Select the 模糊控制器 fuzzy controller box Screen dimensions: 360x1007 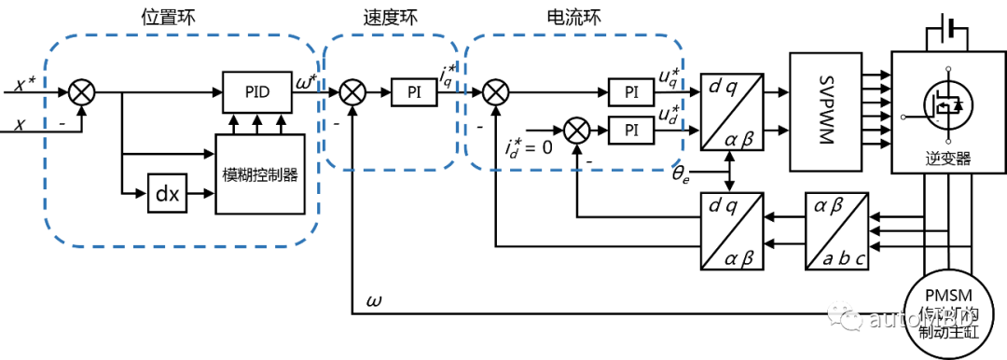[260, 174]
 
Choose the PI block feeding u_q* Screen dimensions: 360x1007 [631, 91]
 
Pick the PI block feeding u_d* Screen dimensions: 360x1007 [631, 129]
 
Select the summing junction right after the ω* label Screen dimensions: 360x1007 [352, 91]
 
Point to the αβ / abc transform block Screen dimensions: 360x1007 [836, 230]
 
